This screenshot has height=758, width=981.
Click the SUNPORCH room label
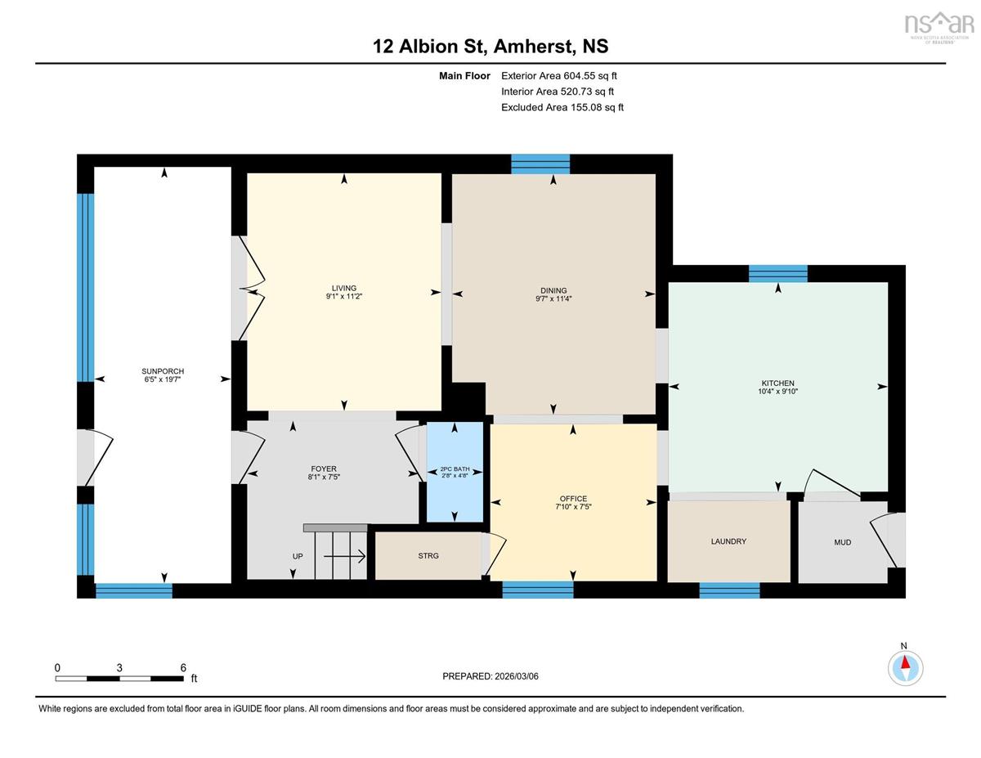coord(163,371)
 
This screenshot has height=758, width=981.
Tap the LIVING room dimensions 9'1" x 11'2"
coord(344,297)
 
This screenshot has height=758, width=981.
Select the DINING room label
coord(553,290)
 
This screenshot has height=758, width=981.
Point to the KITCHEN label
coord(777,383)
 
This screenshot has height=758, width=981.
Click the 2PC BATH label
coord(455,469)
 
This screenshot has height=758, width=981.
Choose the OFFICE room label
coord(573,499)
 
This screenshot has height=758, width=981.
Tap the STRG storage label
coord(428,556)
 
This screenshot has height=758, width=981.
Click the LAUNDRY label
coord(728,541)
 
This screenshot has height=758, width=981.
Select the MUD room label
coord(842,542)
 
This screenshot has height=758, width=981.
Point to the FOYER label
coord(324,469)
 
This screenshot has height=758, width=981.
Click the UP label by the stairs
coord(298,556)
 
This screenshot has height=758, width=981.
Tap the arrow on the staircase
coord(344,557)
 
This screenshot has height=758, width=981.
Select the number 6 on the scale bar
coord(183,668)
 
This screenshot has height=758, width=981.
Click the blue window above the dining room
coord(540,164)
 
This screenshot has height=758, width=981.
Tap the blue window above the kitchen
coord(777,274)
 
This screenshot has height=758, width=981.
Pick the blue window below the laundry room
coord(729,590)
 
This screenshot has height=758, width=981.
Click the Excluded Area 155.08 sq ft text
coord(562,107)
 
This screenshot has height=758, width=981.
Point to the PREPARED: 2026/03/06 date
coord(490,676)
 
